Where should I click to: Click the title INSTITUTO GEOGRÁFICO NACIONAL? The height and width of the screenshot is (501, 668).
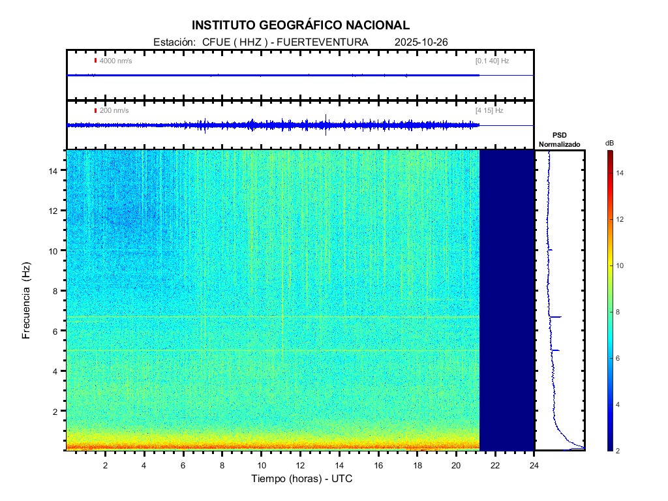pos(301,25)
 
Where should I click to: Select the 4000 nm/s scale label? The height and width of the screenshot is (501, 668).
pos(115,61)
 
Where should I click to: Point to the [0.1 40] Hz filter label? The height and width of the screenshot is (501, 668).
pos(492,61)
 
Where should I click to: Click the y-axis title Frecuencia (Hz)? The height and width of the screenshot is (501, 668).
pos(27,303)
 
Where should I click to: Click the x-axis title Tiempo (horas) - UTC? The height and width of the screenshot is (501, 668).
pos(302,479)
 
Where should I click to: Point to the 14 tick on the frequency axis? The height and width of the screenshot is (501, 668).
pos(56,170)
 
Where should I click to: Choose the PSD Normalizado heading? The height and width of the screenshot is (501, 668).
pos(559,140)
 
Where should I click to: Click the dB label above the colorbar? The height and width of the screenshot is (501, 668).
pos(609,143)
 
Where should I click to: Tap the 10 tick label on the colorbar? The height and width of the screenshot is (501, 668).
pos(622,266)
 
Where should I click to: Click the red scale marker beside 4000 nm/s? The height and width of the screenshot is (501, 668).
pos(96,61)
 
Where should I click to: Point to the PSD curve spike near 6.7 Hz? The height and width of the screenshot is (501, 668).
pos(558,317)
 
